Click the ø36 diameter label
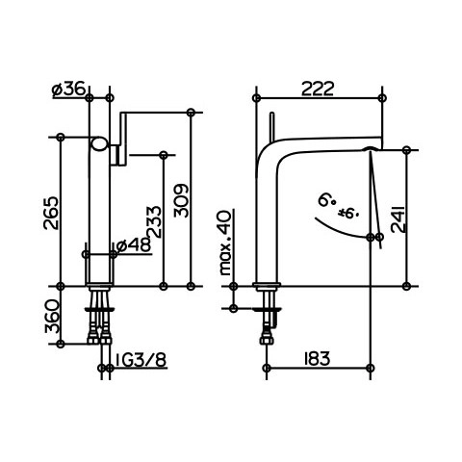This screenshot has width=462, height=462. (68, 89)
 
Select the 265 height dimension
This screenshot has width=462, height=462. (51, 213)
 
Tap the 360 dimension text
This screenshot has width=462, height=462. (51, 317)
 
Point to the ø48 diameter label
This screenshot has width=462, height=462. (134, 245)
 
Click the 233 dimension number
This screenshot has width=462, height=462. (154, 221)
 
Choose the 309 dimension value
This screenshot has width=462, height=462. (181, 200)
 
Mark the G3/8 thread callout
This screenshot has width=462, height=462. (141, 360)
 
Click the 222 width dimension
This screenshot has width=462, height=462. (318, 89)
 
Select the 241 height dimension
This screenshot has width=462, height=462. (398, 218)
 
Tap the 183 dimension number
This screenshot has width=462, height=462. (317, 359)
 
